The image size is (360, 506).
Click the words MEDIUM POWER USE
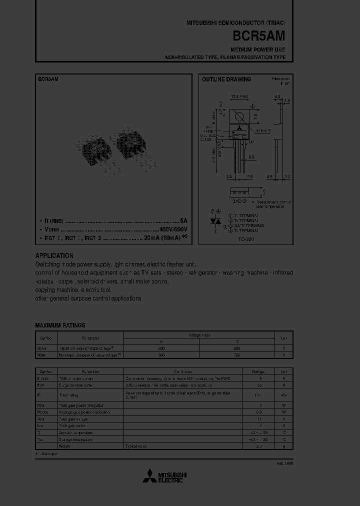coord(257,50)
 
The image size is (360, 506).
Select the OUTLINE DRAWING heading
coord(226,79)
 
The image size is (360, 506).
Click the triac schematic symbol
coord(216,220)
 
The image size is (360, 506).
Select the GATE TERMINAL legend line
coord(246,225)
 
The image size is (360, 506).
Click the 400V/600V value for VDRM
coord(173,229)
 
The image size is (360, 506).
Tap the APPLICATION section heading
coord(54,255)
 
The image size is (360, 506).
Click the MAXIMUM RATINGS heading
coord(60,325)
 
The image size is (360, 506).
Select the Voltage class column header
coord(199,334)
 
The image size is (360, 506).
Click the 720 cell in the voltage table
coord(236,355)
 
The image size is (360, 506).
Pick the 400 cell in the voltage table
coord(161,347)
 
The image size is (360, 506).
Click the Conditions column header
coord(182,371)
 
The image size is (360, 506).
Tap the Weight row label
coord(64,445)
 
